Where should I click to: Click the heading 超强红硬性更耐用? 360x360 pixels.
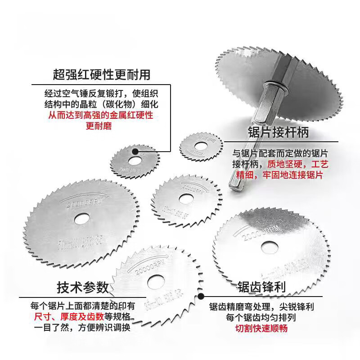101,74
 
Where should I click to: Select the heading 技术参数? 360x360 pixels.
83,287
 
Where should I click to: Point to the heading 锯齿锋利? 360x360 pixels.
263,287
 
